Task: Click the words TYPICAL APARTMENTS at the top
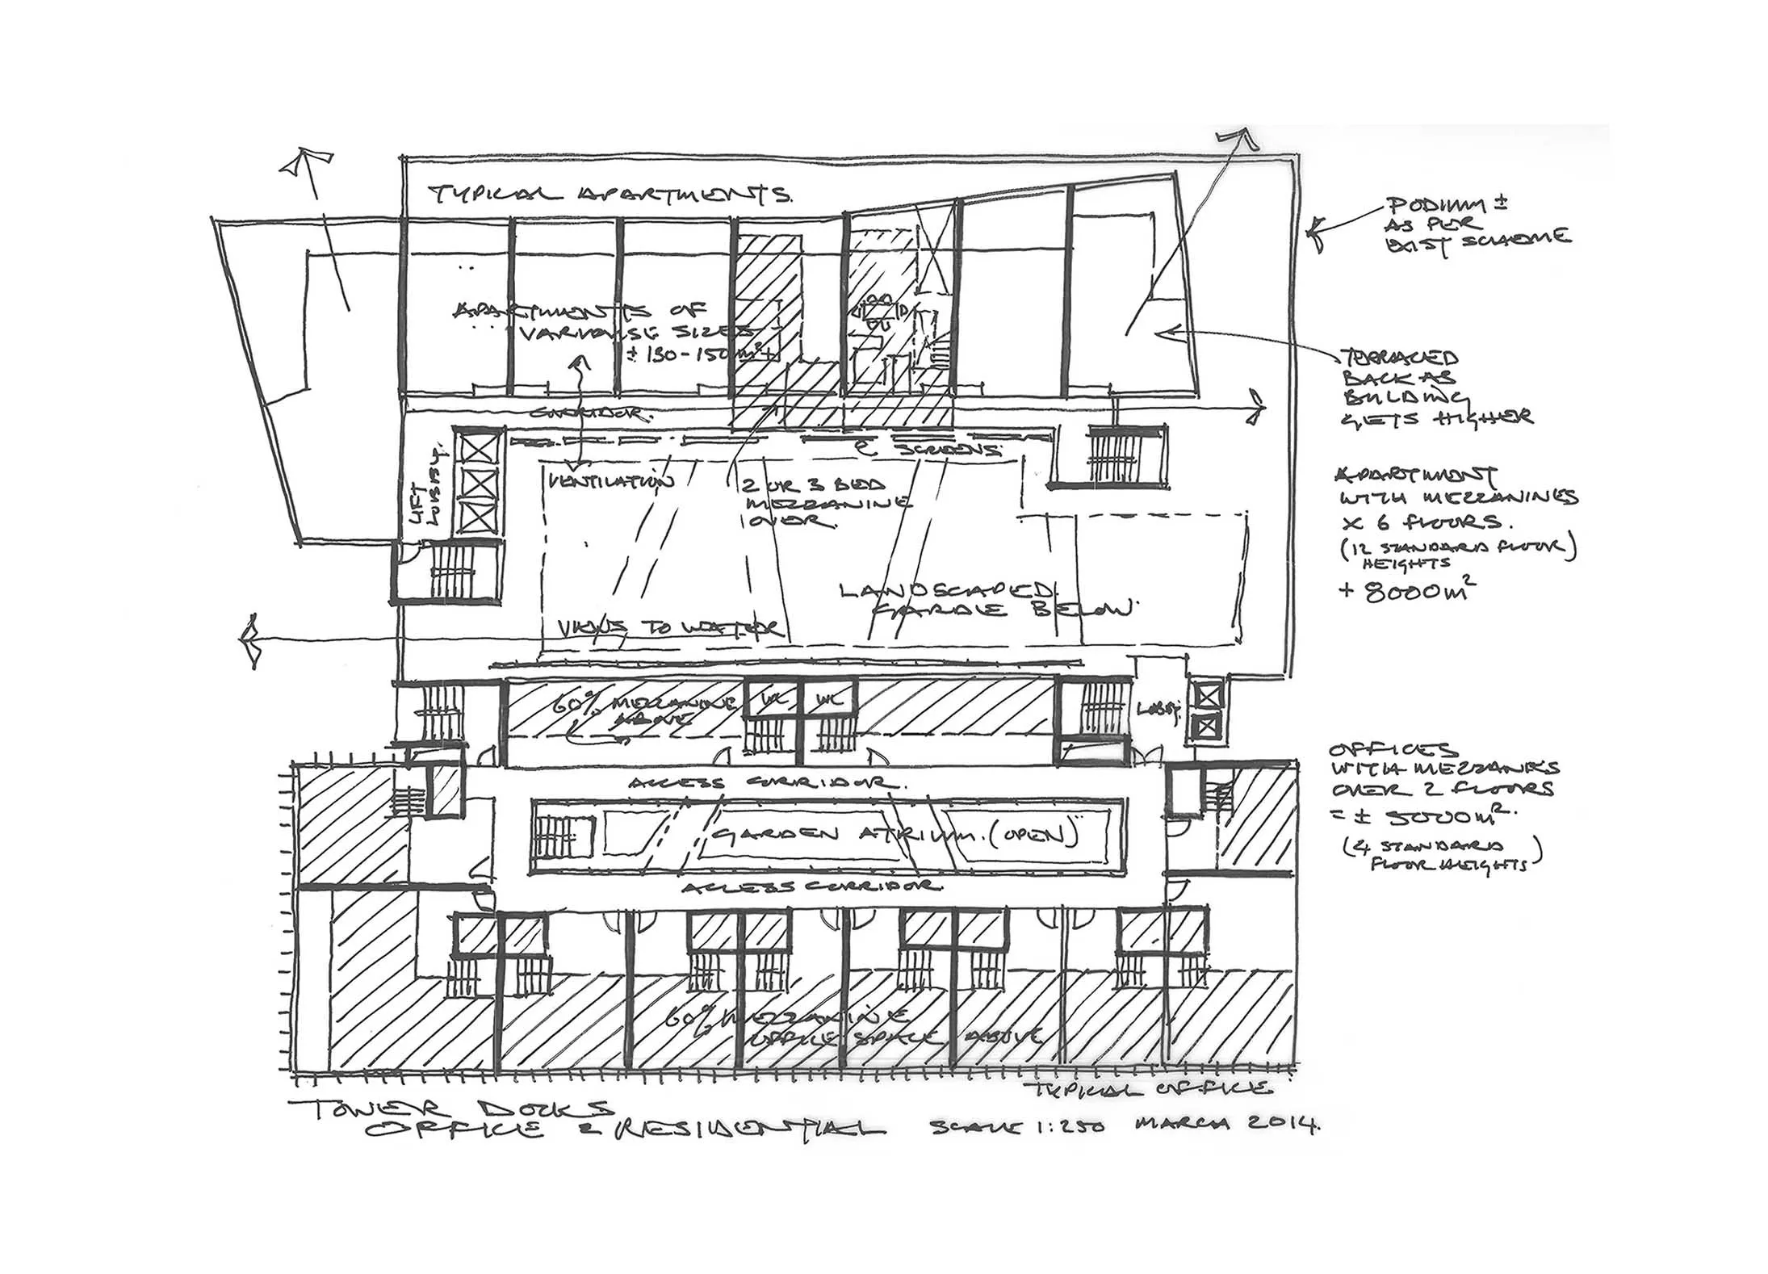click(x=610, y=195)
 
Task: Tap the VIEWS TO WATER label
click(x=670, y=627)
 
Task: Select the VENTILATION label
click(x=610, y=483)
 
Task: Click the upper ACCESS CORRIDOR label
click(x=762, y=783)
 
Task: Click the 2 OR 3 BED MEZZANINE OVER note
click(x=815, y=503)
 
